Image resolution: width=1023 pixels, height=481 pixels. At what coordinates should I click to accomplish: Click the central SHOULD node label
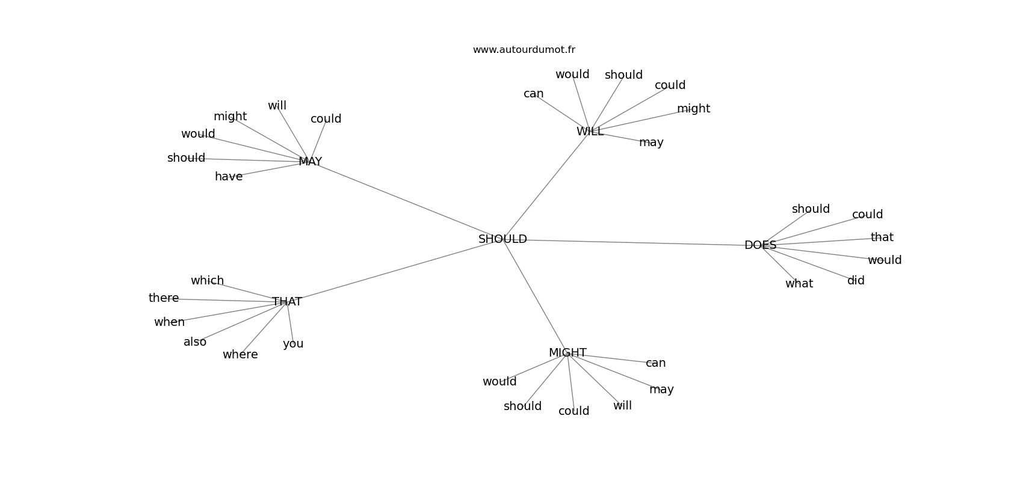point(502,239)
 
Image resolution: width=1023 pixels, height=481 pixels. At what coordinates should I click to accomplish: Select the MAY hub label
point(310,162)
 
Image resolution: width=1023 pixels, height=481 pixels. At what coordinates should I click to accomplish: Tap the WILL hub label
point(590,132)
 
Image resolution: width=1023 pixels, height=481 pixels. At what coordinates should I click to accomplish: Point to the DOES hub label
point(760,245)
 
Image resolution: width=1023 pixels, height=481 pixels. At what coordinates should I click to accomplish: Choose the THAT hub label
point(287,302)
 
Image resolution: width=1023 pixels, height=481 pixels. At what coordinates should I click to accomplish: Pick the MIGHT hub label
point(567,353)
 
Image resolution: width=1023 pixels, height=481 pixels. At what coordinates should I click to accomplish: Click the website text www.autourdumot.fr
point(524,50)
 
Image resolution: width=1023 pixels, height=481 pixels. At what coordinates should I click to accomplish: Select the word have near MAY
point(228,177)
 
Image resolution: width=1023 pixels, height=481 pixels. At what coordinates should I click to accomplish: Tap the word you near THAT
point(292,344)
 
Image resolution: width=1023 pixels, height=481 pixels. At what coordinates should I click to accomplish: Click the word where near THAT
point(240,355)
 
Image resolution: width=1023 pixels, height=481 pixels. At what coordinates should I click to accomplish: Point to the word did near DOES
point(856,281)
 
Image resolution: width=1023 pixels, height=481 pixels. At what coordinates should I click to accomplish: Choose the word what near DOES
point(799,284)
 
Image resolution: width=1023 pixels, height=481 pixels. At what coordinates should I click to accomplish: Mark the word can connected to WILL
point(533,94)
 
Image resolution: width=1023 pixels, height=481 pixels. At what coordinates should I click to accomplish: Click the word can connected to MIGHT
point(655,363)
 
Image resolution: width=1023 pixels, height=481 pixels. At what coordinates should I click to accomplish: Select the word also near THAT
point(195,342)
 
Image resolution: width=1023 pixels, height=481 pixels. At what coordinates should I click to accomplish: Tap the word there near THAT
point(164,298)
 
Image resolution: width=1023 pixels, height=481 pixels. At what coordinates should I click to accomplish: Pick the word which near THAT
point(208,280)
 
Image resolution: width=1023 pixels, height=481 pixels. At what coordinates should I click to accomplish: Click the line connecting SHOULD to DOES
point(636,243)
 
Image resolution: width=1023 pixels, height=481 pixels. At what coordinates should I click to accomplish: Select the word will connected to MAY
point(277,106)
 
